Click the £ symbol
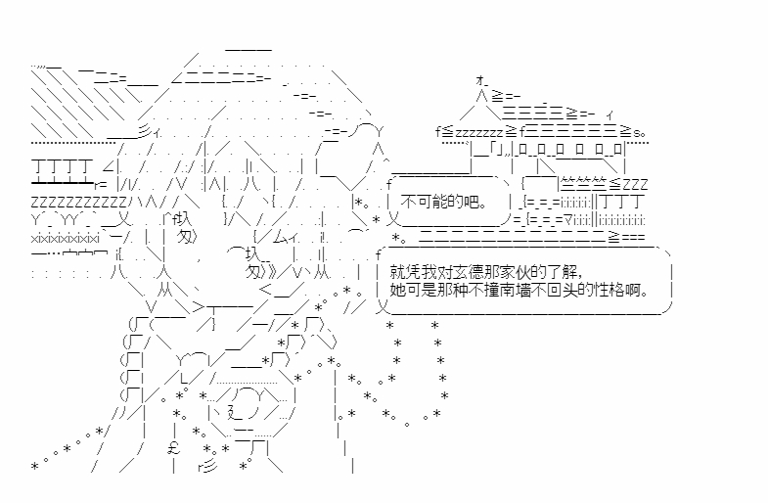coord(174,448)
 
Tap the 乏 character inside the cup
coord(236,412)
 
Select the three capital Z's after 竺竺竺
coord(635,185)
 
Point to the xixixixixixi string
coord(66,239)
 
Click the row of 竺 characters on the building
coord(583,184)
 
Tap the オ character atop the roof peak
coord(480,79)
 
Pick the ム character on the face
coord(280,239)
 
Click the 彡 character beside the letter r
coord(209,467)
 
